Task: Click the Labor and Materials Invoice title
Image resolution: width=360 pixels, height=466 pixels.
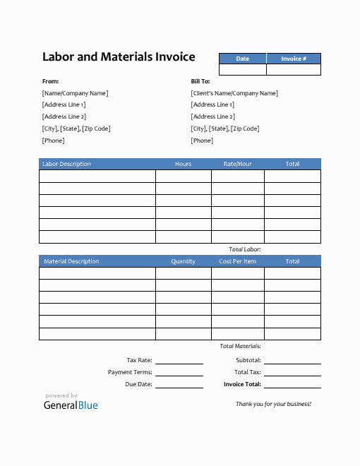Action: point(119,57)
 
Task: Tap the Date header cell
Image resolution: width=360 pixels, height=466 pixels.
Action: point(242,59)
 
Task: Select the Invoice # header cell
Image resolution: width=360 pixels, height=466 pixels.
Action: point(294,59)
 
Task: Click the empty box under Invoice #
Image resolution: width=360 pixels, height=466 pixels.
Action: point(294,70)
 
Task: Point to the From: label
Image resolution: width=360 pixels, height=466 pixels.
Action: point(51,81)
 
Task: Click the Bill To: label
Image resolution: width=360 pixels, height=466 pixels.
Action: point(200,81)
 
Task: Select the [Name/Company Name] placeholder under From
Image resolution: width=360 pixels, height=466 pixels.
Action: point(76,93)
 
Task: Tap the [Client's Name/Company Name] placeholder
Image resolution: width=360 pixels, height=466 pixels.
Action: point(234,93)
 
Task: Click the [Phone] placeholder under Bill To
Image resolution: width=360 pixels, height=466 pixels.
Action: point(202,141)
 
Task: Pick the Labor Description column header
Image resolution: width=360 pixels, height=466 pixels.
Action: point(67,164)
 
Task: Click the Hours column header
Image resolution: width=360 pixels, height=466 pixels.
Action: point(183,164)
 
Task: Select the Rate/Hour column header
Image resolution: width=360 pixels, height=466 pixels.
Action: point(237,164)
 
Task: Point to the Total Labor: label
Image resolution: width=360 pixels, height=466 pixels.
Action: point(245,250)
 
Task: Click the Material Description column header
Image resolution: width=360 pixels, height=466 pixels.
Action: point(71,261)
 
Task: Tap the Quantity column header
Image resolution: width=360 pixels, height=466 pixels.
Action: point(183,261)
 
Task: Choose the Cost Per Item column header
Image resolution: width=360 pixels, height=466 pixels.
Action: point(237,261)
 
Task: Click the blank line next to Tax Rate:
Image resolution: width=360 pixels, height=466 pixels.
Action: point(179,361)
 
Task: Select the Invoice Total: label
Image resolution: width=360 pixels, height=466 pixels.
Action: point(242,385)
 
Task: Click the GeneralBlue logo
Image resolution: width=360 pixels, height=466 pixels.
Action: point(71,405)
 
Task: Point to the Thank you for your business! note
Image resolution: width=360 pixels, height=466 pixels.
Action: point(273,404)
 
